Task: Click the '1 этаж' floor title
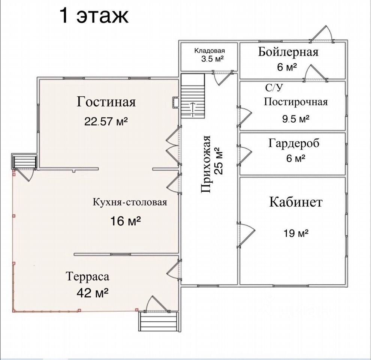(94, 16)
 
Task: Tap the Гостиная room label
(106, 102)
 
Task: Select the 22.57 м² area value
(106, 121)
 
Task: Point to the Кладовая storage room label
(209, 51)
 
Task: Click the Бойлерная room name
(288, 52)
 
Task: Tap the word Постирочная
(296, 102)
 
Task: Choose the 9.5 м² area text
(296, 118)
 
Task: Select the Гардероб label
(294, 143)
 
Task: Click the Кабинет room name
(296, 202)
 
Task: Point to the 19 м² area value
(296, 233)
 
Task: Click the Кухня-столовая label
(130, 202)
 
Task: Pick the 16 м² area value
(126, 221)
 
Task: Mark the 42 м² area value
(93, 293)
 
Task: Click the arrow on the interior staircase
(193, 109)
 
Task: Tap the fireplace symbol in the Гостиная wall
(176, 102)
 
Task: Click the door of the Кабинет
(246, 235)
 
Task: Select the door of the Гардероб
(244, 155)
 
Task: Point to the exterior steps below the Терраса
(158, 322)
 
